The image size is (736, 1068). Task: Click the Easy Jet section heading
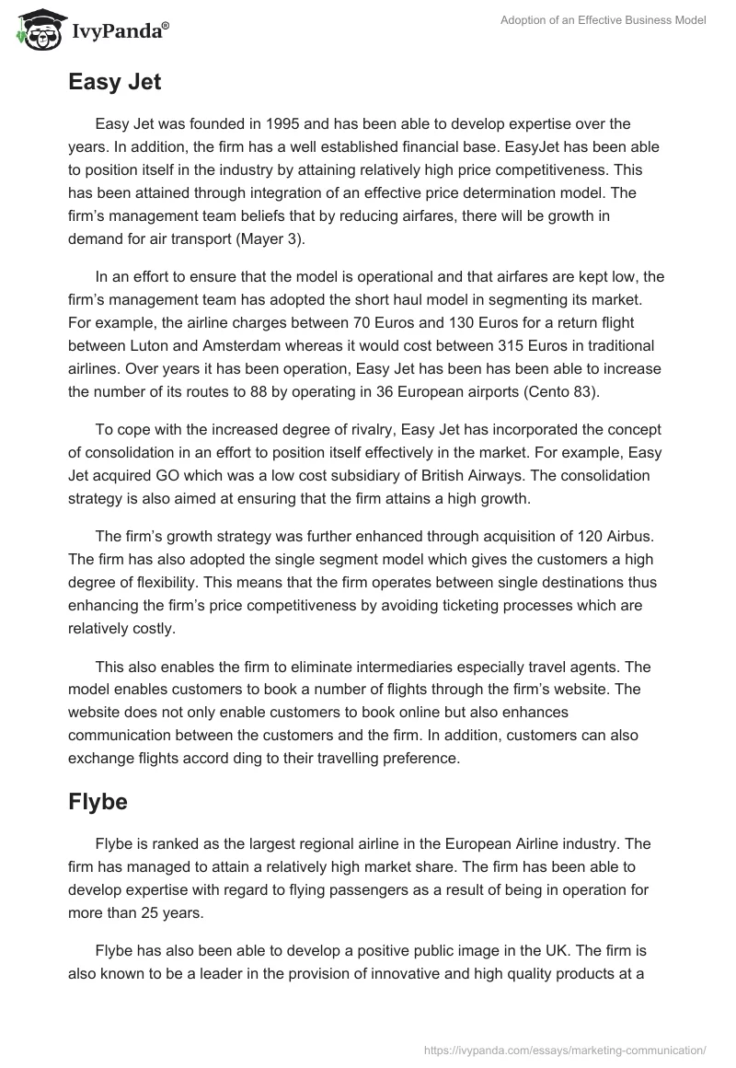[114, 82]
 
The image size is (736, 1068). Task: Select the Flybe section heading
[98, 801]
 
